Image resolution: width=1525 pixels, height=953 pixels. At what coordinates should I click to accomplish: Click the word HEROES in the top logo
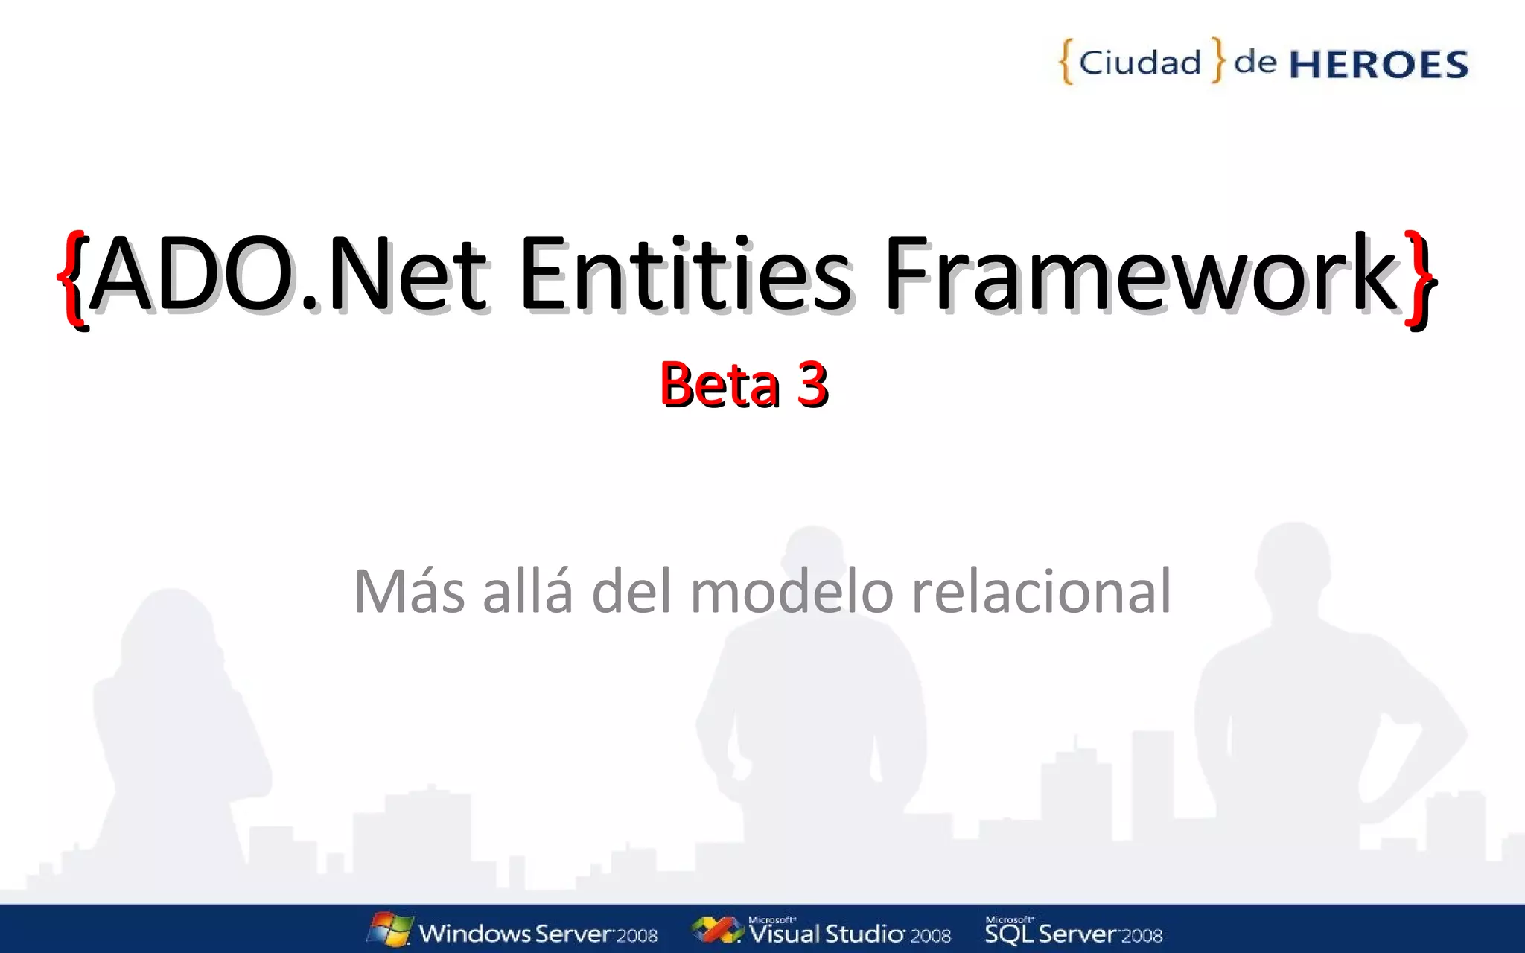1378,65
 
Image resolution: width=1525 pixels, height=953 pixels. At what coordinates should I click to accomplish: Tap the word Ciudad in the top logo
1140,63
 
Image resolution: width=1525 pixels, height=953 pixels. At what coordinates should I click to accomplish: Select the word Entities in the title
684,273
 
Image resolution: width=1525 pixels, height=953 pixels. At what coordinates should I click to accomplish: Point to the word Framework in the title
1140,273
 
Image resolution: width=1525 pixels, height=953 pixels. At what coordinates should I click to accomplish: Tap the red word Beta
719,384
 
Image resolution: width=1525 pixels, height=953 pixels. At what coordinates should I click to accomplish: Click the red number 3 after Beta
812,384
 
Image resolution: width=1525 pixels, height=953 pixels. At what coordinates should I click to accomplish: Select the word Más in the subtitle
409,592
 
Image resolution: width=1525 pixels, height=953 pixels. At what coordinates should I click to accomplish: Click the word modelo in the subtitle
792,592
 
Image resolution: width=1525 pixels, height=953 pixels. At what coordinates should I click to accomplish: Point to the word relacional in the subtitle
1041,592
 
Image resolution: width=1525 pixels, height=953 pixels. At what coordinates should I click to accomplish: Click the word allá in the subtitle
528,592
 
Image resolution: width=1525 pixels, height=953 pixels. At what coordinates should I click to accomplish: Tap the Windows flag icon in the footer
390,929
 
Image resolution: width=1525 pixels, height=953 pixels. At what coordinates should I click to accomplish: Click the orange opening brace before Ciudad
1066,62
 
